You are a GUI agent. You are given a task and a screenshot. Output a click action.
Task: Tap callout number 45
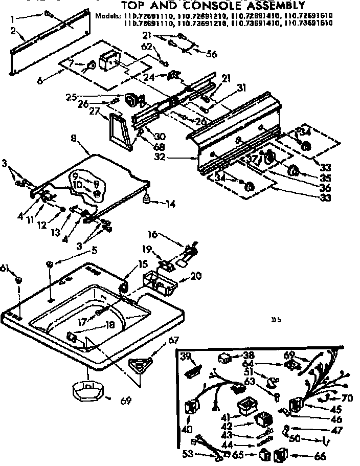tap(336, 409)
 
